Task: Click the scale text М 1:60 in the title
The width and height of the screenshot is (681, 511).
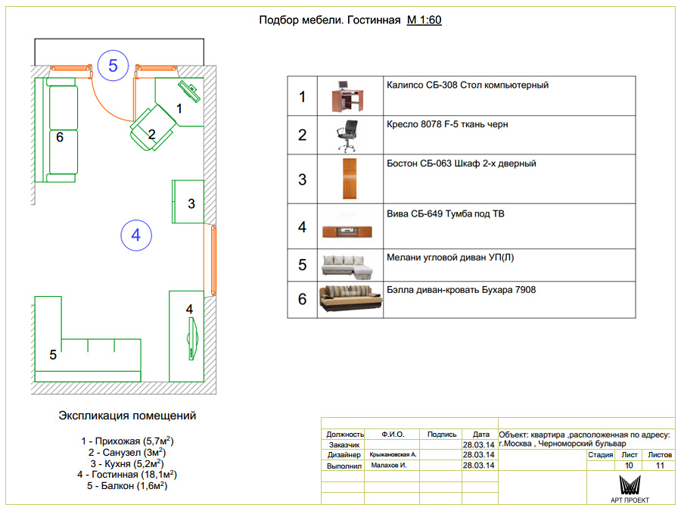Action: point(424,20)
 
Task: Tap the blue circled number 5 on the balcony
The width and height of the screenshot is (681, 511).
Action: point(113,66)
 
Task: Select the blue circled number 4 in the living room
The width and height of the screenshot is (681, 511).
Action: point(136,235)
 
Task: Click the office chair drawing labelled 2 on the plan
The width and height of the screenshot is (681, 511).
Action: point(153,128)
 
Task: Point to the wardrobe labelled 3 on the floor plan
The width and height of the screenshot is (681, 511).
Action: point(188,201)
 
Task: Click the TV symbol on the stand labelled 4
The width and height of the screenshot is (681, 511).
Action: point(192,338)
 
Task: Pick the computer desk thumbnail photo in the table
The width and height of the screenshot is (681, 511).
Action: point(347,96)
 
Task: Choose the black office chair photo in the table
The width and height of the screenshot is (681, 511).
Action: point(347,136)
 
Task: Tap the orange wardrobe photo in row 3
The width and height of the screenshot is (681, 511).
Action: point(350,179)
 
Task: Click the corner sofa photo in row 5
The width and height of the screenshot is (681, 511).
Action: point(347,266)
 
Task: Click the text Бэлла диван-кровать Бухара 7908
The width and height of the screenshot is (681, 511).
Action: point(462,290)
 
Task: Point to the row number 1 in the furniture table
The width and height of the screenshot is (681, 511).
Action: point(302,96)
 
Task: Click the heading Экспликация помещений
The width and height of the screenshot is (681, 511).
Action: point(127,416)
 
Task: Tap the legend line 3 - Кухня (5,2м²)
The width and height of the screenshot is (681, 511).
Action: point(127,463)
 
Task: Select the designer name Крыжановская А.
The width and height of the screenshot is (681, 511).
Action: point(393,454)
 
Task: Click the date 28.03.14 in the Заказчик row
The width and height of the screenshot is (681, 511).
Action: point(479,445)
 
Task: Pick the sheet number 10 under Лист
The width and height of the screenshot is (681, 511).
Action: point(629,466)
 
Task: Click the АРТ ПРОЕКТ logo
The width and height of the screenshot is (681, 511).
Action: point(630,489)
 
